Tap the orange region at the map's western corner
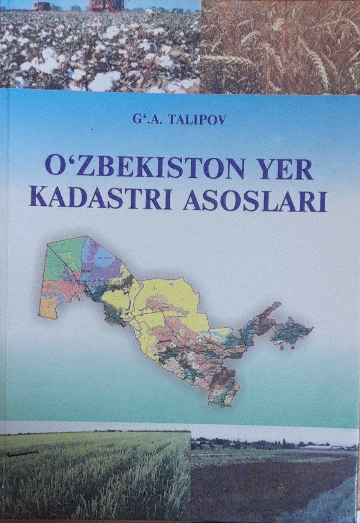[48, 307]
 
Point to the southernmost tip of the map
[223, 402]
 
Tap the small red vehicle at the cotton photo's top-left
[42, 6]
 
